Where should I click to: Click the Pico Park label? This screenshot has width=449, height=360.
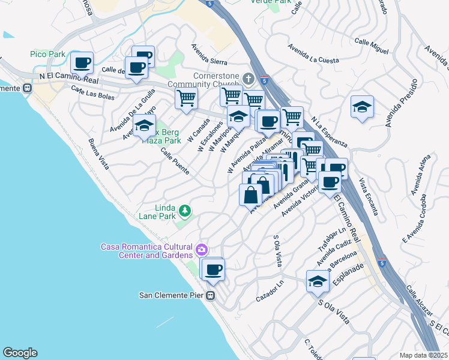coord(47,55)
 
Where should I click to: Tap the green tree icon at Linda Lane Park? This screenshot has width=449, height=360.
coord(186,211)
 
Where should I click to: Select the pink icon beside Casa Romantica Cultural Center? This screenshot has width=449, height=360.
coord(202,248)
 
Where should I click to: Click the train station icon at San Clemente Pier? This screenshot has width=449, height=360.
coord(210,295)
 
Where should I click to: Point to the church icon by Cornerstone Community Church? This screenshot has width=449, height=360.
coord(250,79)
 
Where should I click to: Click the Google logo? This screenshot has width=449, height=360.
coord(20,352)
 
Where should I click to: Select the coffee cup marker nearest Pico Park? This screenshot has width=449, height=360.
coord(83,62)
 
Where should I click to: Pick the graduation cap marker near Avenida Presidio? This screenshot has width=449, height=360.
coord(362,107)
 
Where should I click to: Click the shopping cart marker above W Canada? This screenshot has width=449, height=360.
coord(187,98)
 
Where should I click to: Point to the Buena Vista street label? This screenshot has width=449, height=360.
coord(98,154)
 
